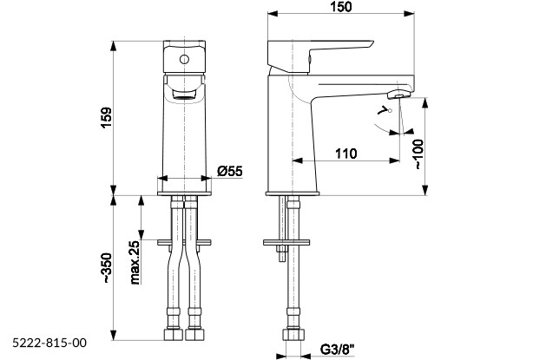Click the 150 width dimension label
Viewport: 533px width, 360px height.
click(341, 8)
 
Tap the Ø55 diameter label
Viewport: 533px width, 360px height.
click(229, 171)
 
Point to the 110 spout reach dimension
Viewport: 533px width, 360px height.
click(345, 154)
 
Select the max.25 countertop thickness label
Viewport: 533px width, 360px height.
click(135, 263)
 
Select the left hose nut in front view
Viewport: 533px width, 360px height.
click(171, 333)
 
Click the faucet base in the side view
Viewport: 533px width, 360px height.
click(293, 188)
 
